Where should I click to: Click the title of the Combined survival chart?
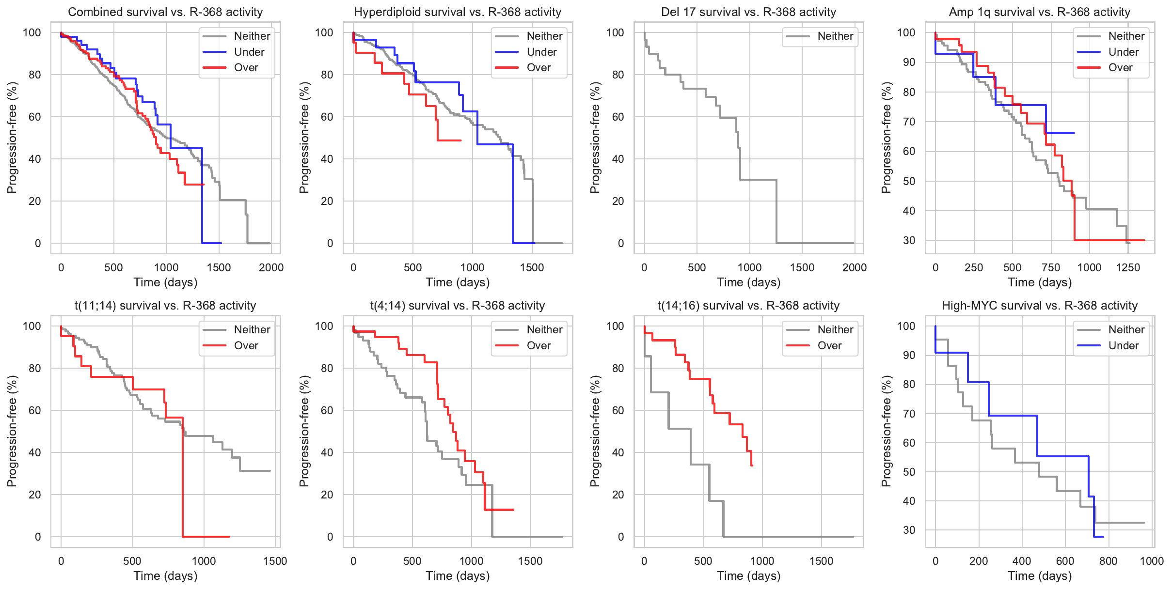[165, 12]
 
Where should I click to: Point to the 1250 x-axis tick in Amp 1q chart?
[1128, 267]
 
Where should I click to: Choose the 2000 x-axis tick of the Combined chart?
[271, 267]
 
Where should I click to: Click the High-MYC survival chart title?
[1039, 306]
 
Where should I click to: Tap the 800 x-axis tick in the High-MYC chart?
[1108, 561]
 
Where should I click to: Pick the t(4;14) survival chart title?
[457, 306]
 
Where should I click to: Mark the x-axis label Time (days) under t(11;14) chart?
[165, 576]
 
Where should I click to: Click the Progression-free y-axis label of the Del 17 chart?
[595, 138]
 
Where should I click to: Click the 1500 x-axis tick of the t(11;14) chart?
[275, 561]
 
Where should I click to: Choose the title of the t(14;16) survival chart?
[748, 306]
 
